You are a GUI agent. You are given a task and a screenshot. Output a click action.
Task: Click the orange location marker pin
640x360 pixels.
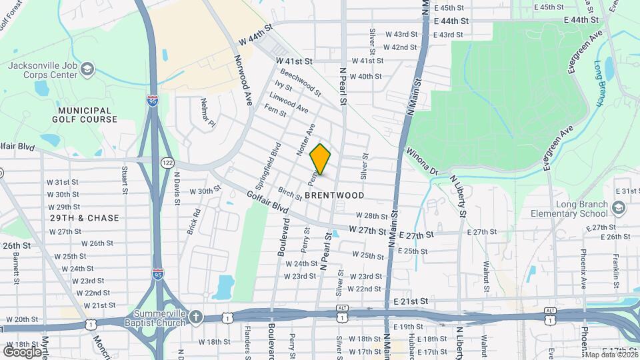click(x=321, y=159)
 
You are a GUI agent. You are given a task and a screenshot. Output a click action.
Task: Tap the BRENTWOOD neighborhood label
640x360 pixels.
click(x=335, y=195)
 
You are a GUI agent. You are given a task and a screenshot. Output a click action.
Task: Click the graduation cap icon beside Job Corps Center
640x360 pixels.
click(x=87, y=69)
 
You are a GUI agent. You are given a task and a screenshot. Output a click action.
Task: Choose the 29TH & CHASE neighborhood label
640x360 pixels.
click(x=85, y=218)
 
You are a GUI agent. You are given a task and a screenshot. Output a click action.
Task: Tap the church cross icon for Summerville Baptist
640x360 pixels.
click(x=196, y=316)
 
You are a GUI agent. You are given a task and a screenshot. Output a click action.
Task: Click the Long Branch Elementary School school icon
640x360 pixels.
click(x=618, y=209)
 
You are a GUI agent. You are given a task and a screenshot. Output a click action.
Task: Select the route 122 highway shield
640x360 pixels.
click(x=167, y=163)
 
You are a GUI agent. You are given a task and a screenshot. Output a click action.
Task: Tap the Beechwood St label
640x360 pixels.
click(x=301, y=81)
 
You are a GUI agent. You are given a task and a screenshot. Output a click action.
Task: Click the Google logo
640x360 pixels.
click(x=23, y=351)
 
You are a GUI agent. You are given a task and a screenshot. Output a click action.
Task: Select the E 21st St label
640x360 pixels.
click(x=410, y=301)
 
